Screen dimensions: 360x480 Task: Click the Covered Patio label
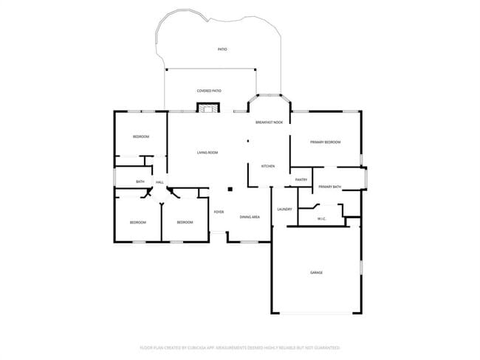click(209, 91)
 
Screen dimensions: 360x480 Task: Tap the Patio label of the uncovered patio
click(222, 49)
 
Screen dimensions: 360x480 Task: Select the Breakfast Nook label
click(269, 122)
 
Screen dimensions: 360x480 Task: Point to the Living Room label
click(208, 153)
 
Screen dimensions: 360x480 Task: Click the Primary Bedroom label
click(325, 142)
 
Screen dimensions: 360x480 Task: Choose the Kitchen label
click(268, 166)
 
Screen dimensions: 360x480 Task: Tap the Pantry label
click(301, 180)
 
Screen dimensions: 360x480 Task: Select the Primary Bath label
click(330, 187)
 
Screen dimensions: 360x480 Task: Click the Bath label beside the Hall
click(140, 181)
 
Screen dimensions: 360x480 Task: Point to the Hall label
click(160, 181)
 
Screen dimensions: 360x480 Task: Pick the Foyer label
click(219, 212)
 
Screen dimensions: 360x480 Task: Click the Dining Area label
click(250, 217)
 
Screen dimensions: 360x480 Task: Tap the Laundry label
click(284, 209)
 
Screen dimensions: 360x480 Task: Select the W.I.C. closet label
click(322, 218)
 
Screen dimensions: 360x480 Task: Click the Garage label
click(316, 272)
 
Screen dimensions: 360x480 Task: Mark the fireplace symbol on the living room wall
click(208, 108)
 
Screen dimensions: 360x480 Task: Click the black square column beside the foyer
click(230, 189)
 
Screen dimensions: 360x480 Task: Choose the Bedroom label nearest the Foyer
click(185, 222)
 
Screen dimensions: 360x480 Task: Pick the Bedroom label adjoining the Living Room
click(141, 137)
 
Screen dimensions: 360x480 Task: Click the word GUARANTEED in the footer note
click(324, 347)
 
